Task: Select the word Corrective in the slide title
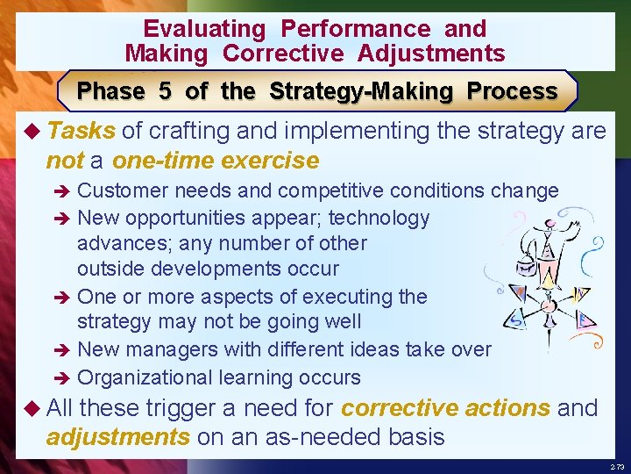[283, 54]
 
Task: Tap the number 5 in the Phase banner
[165, 91]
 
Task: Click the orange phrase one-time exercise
[216, 161]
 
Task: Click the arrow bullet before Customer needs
[65, 191]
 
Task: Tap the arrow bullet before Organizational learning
[65, 378]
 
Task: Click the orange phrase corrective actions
[446, 408]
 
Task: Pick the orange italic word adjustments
[117, 437]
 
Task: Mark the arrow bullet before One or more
[65, 298]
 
